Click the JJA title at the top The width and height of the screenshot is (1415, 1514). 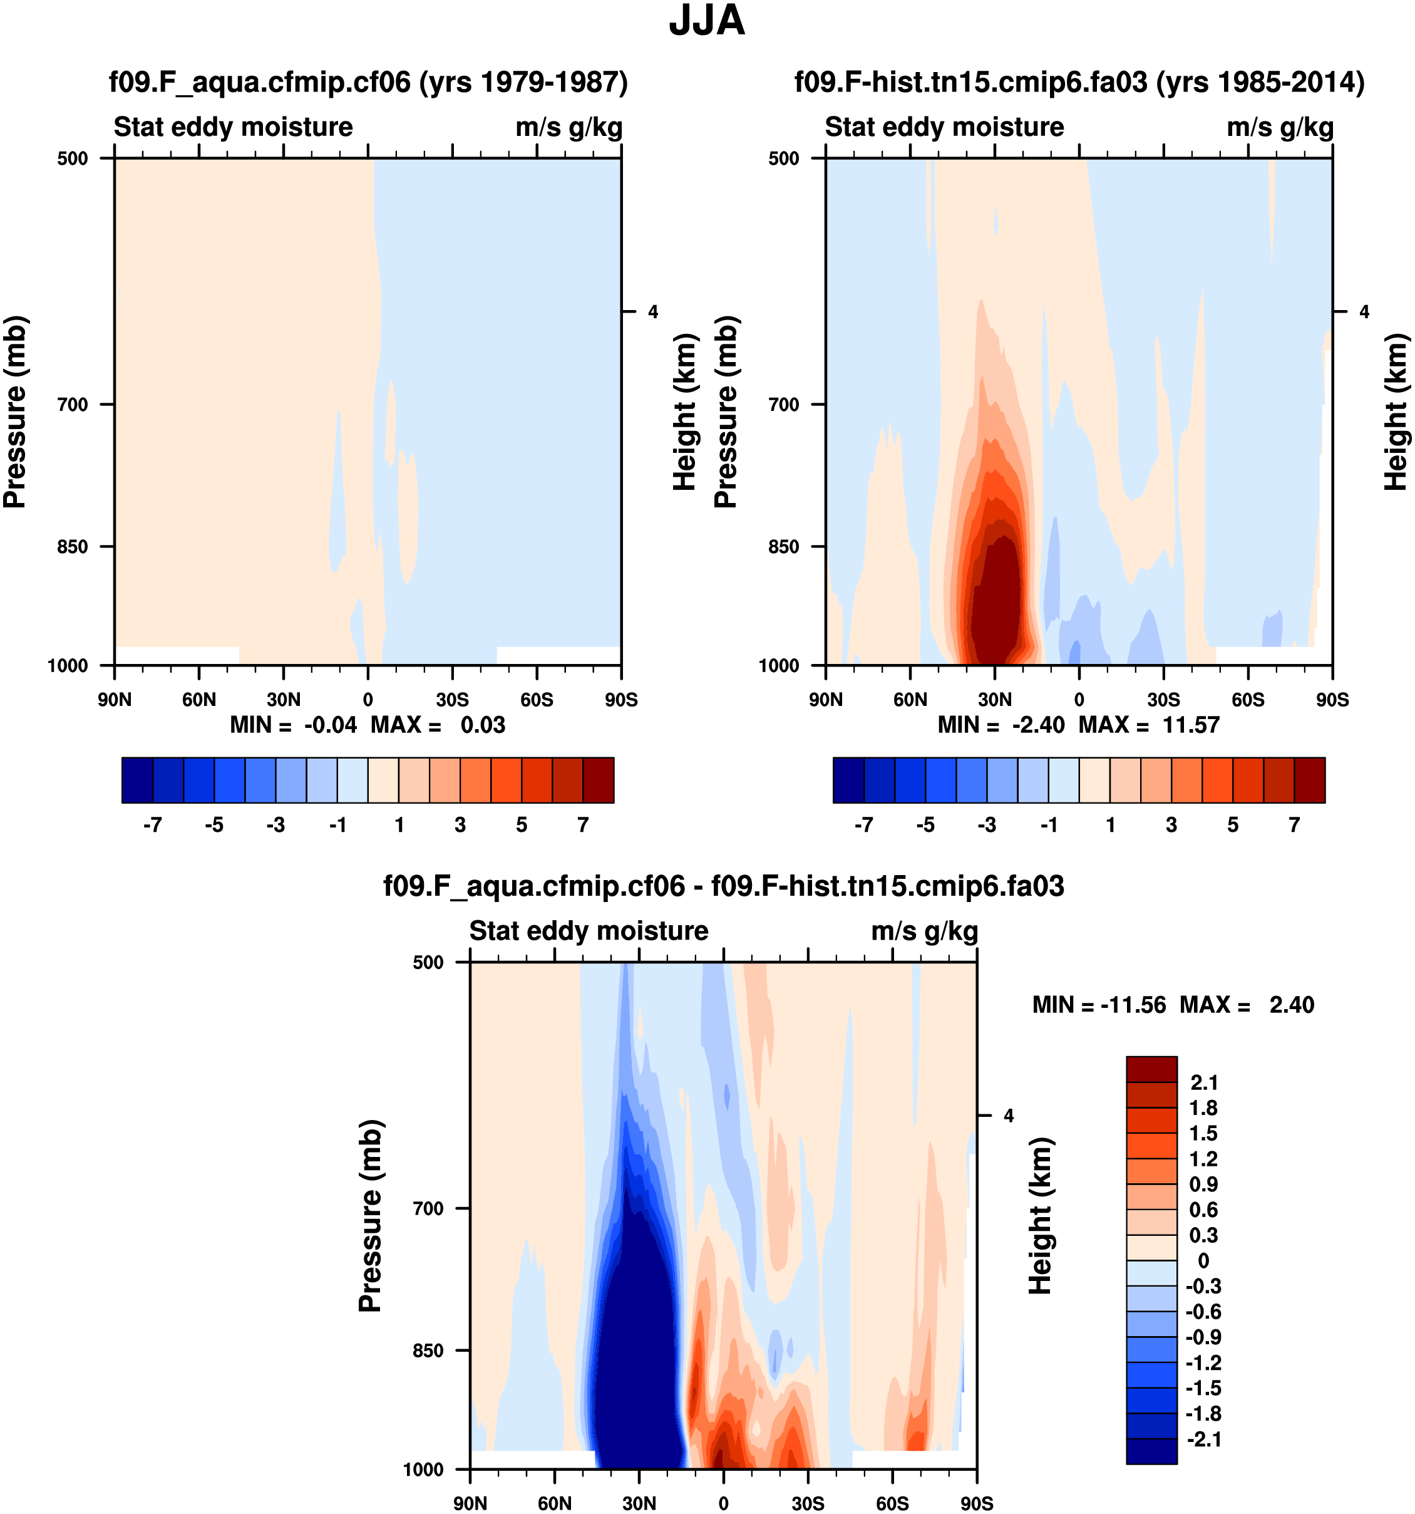(706, 21)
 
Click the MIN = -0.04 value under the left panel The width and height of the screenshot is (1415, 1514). (293, 725)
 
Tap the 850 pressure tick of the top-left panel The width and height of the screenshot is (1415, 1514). (73, 547)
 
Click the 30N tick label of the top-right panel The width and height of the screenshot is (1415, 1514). (995, 700)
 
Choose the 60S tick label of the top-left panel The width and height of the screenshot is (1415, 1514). (537, 700)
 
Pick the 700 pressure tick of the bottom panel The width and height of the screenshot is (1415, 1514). (428, 1208)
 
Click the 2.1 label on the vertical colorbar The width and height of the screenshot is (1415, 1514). (1203, 1083)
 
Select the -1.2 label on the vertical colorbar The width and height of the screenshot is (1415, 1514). (1203, 1363)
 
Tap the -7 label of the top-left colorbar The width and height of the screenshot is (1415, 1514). (152, 825)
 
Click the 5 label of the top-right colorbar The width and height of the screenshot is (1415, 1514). (1233, 825)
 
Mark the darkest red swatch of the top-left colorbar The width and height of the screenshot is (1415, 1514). (599, 780)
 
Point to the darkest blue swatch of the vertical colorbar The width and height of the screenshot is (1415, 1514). (1151, 1451)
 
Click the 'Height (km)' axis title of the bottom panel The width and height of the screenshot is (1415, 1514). (1040, 1216)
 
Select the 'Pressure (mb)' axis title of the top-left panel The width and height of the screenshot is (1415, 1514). (15, 412)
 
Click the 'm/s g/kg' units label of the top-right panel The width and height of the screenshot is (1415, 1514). (1280, 127)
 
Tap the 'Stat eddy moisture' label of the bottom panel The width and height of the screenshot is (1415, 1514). (589, 931)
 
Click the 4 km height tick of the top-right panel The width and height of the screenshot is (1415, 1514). (1364, 311)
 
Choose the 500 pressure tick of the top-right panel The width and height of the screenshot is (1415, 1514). (784, 158)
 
